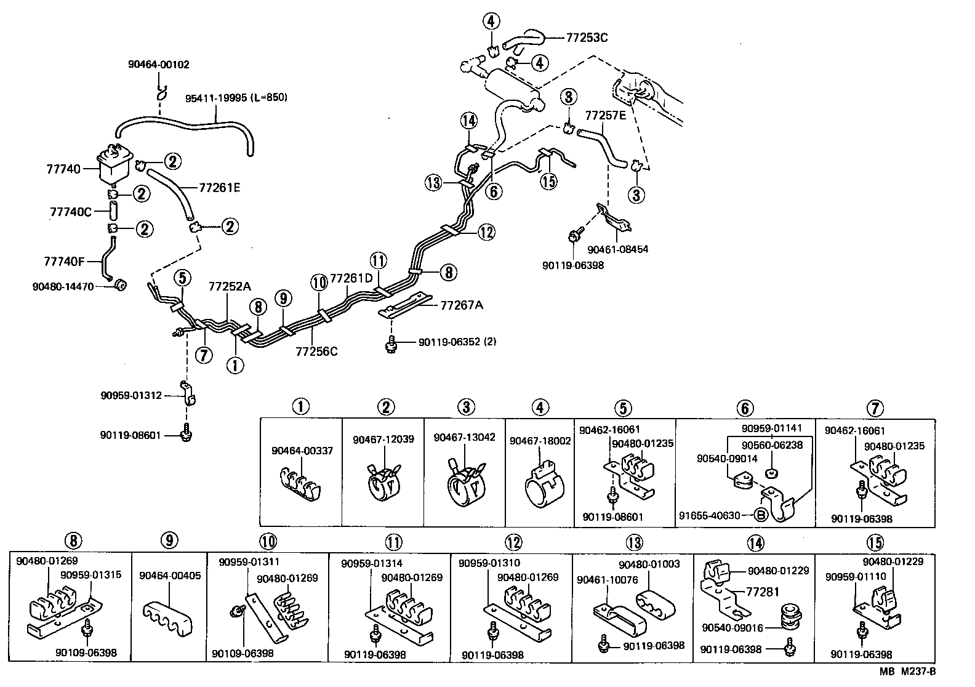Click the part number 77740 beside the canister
point(63,168)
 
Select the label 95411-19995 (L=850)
point(236,98)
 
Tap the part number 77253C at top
point(587,38)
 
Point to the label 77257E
point(605,115)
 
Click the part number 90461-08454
point(617,250)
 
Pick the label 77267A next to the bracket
point(462,305)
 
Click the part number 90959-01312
point(131,395)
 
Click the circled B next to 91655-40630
point(760,515)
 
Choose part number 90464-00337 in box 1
point(302,451)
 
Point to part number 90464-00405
point(170,576)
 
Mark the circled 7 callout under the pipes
point(204,355)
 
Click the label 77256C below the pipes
point(316,352)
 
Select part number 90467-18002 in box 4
point(540,441)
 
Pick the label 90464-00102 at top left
point(158,64)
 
